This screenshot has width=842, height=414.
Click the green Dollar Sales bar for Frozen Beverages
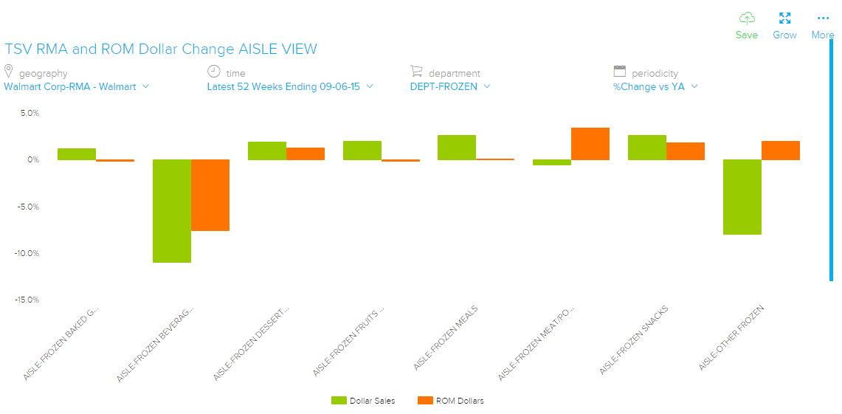click(x=172, y=210)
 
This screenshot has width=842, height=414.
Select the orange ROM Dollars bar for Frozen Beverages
click(x=210, y=195)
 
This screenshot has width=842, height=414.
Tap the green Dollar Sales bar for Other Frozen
click(x=742, y=196)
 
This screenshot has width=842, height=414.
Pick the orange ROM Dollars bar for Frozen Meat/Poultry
click(x=590, y=144)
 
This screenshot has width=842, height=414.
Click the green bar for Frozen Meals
click(x=457, y=148)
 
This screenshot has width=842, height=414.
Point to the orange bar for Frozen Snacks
click(x=686, y=151)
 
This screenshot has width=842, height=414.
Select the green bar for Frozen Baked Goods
click(x=77, y=154)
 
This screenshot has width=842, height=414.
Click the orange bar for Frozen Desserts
click(x=306, y=153)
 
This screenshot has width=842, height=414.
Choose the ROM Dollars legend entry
click(x=450, y=401)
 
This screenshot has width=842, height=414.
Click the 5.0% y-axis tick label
click(x=29, y=113)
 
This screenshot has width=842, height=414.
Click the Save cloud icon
click(x=747, y=18)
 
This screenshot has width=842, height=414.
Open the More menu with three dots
click(x=823, y=18)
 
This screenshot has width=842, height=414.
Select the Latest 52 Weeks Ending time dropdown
click(x=290, y=86)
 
